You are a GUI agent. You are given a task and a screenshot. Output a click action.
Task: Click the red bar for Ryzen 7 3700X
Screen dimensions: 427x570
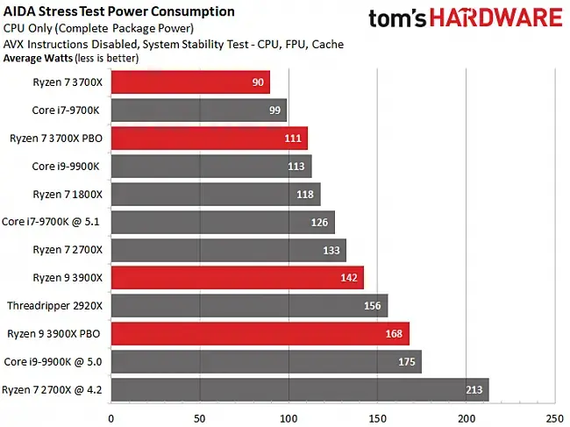(189, 82)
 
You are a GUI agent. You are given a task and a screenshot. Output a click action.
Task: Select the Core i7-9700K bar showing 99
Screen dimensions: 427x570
(198, 110)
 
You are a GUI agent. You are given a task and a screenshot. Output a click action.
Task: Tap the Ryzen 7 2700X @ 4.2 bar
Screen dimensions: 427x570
(299, 389)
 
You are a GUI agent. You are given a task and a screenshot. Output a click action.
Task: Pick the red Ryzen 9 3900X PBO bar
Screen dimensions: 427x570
(260, 333)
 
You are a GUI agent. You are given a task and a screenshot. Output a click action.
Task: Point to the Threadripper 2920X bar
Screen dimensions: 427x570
(249, 305)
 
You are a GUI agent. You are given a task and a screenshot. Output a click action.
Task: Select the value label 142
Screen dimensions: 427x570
(350, 278)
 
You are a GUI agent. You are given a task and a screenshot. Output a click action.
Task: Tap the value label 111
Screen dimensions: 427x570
(294, 139)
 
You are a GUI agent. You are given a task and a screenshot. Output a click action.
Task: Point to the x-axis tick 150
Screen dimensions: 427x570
(376, 418)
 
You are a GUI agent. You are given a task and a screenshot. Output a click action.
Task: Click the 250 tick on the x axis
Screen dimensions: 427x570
(554, 418)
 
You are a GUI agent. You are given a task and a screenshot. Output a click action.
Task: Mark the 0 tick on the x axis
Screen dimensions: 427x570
(110, 418)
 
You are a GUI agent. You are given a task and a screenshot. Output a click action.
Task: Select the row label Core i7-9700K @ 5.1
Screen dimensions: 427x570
(53, 222)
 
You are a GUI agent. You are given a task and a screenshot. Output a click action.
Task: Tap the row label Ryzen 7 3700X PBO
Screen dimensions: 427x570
(56, 138)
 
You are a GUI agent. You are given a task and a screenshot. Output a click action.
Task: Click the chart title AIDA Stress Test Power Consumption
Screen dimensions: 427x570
(119, 11)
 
